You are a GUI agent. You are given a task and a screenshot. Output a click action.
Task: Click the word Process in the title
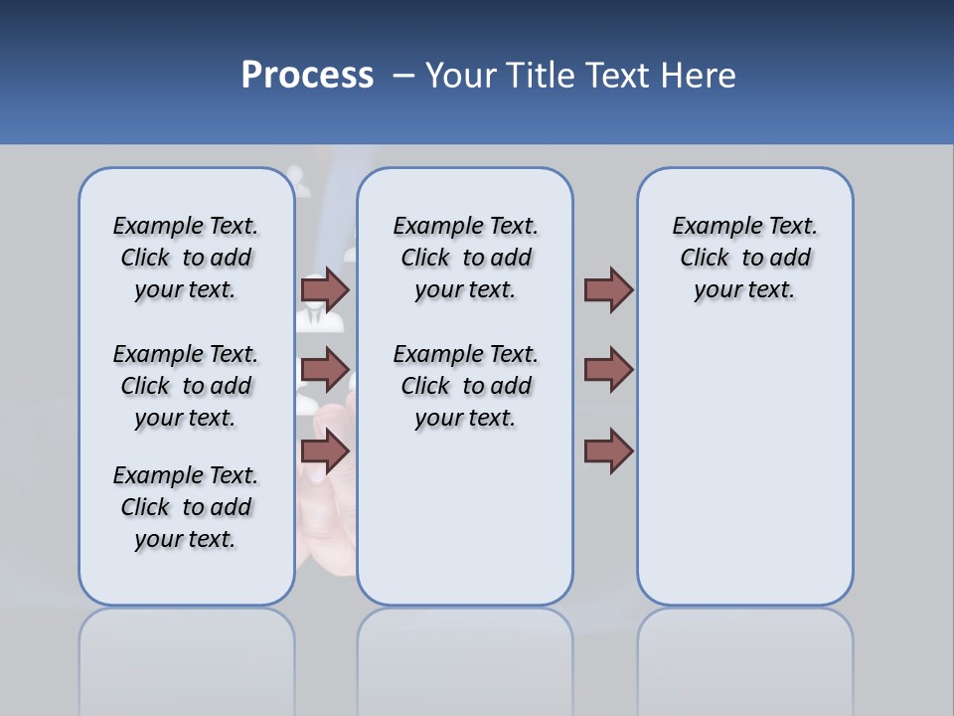[307, 76]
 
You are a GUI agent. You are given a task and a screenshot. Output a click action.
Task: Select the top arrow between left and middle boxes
[325, 289]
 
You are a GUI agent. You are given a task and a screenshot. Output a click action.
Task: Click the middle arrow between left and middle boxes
[325, 370]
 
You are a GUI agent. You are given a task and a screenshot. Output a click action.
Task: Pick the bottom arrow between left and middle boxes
[325, 452]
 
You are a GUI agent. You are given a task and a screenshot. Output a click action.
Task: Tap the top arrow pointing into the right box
[608, 289]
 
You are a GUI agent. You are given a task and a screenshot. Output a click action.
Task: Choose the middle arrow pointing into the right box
[608, 370]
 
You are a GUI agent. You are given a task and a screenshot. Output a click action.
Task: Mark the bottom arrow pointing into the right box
[608, 452]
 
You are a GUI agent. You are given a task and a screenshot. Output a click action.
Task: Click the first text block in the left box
[186, 258]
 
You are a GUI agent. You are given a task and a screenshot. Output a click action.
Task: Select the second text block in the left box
[186, 386]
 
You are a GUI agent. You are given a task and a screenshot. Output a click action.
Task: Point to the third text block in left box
[186, 507]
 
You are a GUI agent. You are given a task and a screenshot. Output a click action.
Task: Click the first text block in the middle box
[465, 258]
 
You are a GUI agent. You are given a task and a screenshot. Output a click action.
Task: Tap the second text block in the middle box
[465, 386]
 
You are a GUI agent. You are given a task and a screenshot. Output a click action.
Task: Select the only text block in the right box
[744, 258]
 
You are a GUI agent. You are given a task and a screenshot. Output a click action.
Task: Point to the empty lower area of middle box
[465, 517]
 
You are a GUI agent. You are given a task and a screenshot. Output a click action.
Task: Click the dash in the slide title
[403, 76]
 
